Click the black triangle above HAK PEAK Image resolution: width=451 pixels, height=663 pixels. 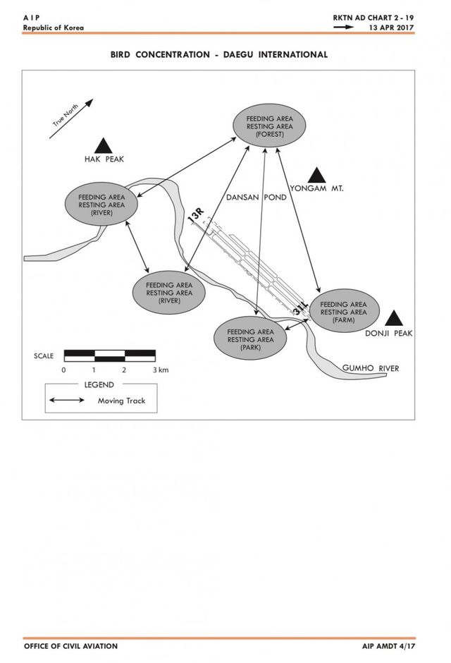pos(103,146)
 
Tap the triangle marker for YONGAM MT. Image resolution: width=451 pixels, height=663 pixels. pos(316,175)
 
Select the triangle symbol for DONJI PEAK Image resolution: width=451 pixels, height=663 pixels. pos(394,318)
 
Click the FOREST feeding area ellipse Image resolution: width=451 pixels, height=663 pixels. pos(269,126)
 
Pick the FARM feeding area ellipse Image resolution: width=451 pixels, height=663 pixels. pos(343,311)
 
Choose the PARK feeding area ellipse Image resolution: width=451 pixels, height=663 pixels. pos(250,339)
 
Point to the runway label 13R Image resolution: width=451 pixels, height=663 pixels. pos(196,215)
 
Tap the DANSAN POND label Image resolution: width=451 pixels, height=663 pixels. pos(257,197)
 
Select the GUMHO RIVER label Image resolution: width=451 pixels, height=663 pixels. pos(371,368)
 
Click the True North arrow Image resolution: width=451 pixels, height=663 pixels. pos(71,118)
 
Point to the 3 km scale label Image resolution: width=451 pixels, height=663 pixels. pos(161,370)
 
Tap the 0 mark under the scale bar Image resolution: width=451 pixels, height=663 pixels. pos(63,370)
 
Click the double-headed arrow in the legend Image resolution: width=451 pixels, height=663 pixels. pos(67,400)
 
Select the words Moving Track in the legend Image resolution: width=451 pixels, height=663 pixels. pos(122,401)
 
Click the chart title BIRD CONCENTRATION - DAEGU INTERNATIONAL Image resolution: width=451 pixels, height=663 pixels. pos(219,54)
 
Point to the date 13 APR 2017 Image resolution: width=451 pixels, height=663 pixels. pos(391,28)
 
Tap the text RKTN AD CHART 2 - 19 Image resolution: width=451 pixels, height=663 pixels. pos(373,18)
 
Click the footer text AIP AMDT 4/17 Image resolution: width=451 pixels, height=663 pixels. pos(388,646)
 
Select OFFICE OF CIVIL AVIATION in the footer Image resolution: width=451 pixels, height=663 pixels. pos(71,646)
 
